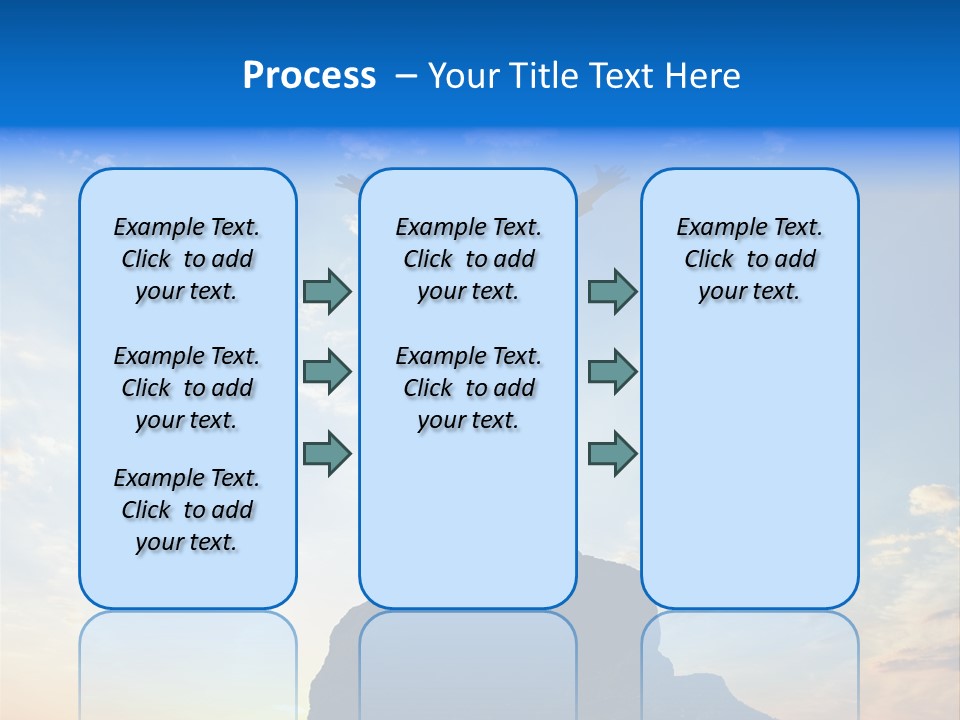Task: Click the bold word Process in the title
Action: [x=309, y=76]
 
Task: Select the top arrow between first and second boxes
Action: [x=327, y=291]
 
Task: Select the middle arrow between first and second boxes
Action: [x=327, y=372]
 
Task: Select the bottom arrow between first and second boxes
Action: [x=327, y=453]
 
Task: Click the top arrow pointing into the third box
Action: [x=612, y=291]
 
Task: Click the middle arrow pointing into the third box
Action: [x=612, y=372]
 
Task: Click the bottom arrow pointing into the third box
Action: [x=612, y=453]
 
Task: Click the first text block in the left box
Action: [x=187, y=259]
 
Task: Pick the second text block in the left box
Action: [x=187, y=388]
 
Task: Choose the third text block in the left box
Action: [x=187, y=510]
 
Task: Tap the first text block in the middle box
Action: [x=468, y=259]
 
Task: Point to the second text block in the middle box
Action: [x=468, y=388]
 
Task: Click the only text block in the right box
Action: [x=750, y=259]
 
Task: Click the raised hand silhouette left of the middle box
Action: [x=347, y=183]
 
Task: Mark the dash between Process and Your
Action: [x=405, y=76]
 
